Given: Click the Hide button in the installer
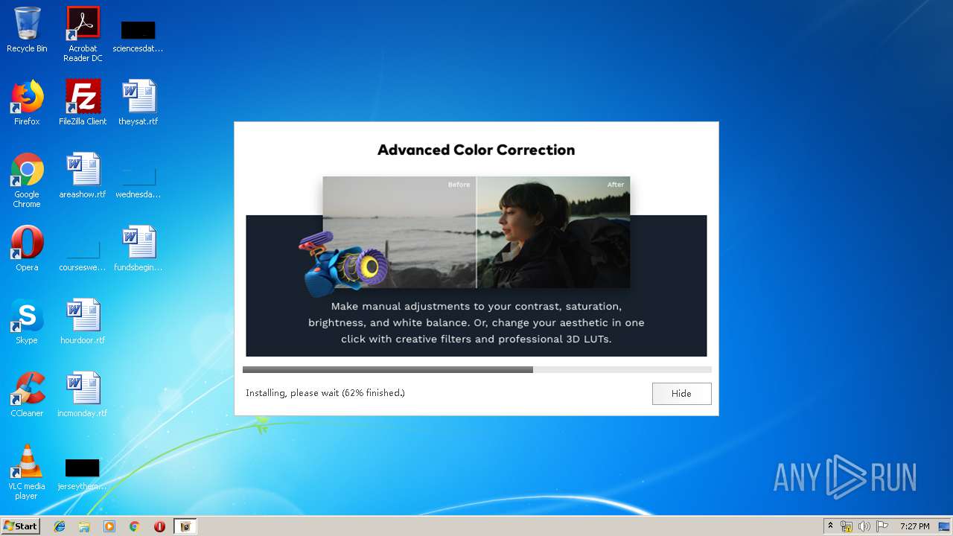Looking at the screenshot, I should pos(681,394).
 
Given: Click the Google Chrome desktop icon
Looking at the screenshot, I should pos(27,170).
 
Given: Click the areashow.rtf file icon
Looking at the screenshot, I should pos(83,170).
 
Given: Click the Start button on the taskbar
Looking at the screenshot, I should pos(20,526).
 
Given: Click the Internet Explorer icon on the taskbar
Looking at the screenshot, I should pos(60,526).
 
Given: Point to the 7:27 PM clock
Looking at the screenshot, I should pos(914,526).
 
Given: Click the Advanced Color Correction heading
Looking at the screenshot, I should pos(476,150).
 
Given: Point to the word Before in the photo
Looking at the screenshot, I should pos(459,185).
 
